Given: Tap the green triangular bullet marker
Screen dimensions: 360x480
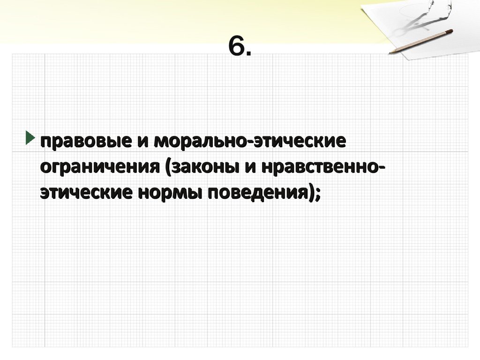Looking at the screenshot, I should pyautogui.click(x=30, y=138).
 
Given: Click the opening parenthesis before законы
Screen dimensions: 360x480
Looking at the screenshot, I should pyautogui.click(x=168, y=168).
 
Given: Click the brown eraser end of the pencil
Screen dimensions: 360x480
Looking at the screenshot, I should pyautogui.click(x=450, y=31).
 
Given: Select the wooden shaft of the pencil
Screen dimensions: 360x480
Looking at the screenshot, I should pyautogui.click(x=420, y=42).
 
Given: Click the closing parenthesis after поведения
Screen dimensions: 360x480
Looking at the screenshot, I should pyautogui.click(x=311, y=193).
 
